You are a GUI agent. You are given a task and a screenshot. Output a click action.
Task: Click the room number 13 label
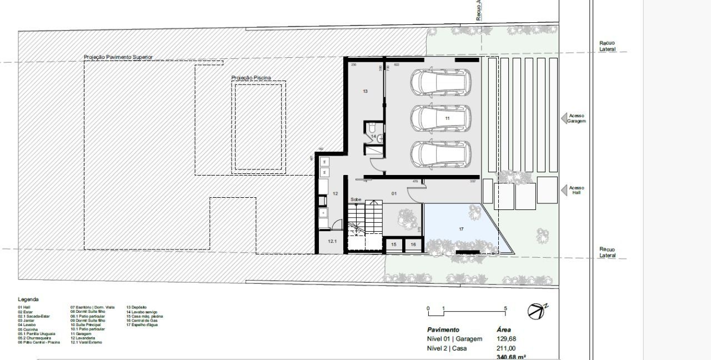tap(365, 91)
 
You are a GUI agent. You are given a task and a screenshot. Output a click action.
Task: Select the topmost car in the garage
tap(440, 83)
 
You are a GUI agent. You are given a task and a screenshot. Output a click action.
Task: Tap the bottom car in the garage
tap(440, 154)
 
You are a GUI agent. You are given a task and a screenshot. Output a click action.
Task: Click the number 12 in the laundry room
tap(336, 194)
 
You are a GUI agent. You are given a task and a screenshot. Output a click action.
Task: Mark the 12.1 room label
tap(332, 242)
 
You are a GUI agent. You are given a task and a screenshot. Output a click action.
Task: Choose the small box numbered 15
tap(394, 244)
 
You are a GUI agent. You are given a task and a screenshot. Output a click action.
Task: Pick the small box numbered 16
tap(413, 244)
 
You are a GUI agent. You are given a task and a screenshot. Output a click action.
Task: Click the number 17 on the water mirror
tap(461, 229)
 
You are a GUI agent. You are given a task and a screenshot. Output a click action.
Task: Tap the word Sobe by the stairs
tap(355, 199)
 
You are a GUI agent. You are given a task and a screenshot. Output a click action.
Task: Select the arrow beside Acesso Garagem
tap(564, 118)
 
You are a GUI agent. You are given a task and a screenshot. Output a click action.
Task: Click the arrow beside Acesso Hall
tap(564, 191)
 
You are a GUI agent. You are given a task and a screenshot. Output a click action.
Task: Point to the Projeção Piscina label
tap(251, 78)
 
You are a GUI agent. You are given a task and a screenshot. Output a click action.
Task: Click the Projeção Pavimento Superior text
tap(118, 57)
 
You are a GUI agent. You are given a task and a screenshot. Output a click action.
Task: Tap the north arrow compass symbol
tap(537, 311)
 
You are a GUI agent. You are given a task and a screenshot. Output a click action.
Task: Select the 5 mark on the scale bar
tap(505, 308)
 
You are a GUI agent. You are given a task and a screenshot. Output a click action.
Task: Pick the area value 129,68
tap(506, 339)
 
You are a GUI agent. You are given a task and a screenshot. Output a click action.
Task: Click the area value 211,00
tap(506, 349)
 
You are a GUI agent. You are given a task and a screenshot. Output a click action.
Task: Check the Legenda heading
tap(28, 299)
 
